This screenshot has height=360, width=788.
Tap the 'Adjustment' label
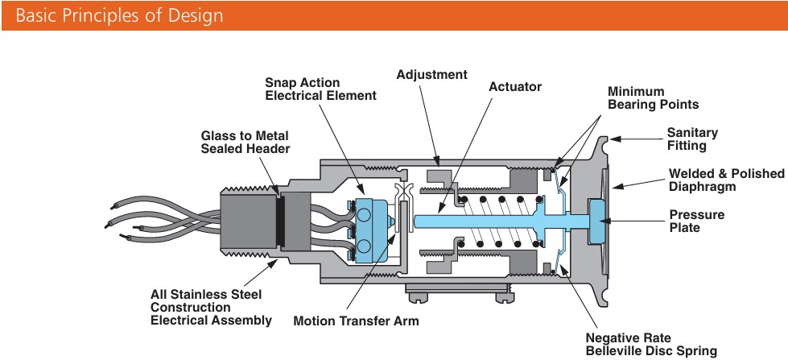tap(431, 74)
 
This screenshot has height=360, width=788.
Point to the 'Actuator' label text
tap(515, 86)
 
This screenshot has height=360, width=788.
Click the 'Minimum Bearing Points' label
tap(653, 97)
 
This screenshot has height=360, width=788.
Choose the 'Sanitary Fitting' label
tap(692, 139)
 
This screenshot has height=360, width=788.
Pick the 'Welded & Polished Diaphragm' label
tap(727, 180)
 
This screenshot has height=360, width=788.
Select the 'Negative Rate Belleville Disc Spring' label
tap(651, 344)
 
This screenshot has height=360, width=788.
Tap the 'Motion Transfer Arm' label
tap(357, 321)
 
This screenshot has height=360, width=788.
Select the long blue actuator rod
tap(483, 219)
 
